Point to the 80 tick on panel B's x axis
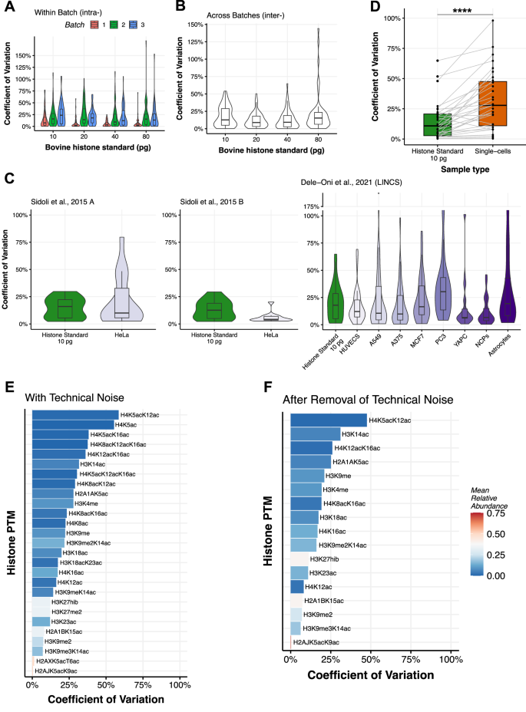click(316, 139)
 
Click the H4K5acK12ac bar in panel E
click(75, 415)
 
